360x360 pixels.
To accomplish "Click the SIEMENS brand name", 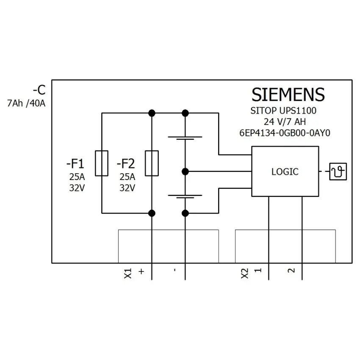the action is pyautogui.click(x=288, y=94).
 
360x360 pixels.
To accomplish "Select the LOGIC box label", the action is pyautogui.click(x=285, y=172).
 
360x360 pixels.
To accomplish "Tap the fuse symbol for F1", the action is pyautogui.click(x=102, y=163).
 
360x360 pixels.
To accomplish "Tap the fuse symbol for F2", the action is pyautogui.click(x=152, y=163).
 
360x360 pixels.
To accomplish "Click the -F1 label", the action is pyautogui.click(x=75, y=163).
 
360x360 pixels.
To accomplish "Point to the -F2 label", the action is pyautogui.click(x=126, y=163).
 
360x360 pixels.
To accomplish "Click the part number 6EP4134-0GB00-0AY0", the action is pyautogui.click(x=285, y=133).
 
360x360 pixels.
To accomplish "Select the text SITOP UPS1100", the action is pyautogui.click(x=283, y=111).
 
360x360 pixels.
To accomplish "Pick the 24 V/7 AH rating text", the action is pyautogui.click(x=285, y=122).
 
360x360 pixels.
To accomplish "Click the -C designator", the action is pyautogui.click(x=39, y=90).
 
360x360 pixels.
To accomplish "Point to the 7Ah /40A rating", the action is pyautogui.click(x=26, y=103).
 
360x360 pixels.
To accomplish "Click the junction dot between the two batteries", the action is pyautogui.click(x=185, y=172).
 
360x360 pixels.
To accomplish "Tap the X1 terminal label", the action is pyautogui.click(x=128, y=273).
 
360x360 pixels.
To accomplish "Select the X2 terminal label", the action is pyautogui.click(x=245, y=273).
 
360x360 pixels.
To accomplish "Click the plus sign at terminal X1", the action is pyautogui.click(x=141, y=271).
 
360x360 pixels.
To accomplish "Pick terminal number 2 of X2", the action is pyautogui.click(x=291, y=271).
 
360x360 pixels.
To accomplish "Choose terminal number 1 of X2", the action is pyautogui.click(x=258, y=270).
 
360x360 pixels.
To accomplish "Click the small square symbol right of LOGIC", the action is pyautogui.click(x=338, y=172).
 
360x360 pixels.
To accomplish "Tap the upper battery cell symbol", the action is pyautogui.click(x=185, y=138).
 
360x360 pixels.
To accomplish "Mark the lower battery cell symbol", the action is pyautogui.click(x=185, y=197).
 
